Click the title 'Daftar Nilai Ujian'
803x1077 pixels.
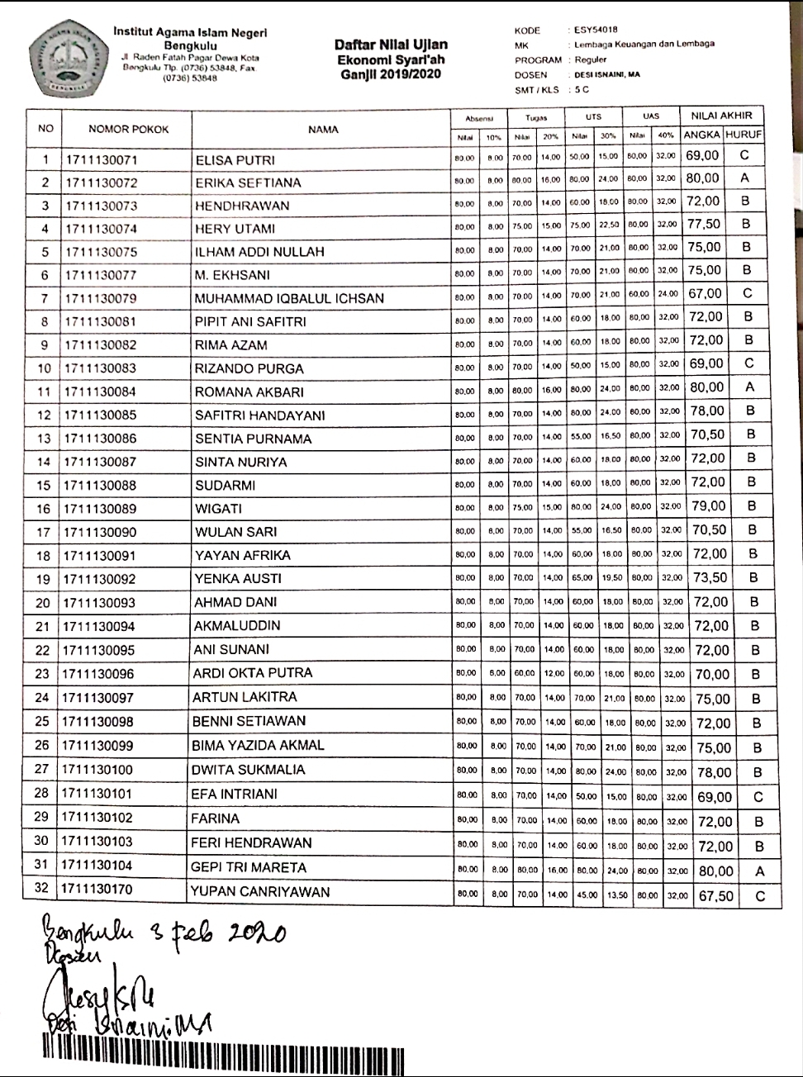tap(391, 45)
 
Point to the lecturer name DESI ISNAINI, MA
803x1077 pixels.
tap(607, 75)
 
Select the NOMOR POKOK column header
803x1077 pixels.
tap(128, 130)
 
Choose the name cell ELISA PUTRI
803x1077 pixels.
tap(235, 160)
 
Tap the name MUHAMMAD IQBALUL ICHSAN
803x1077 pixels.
tap(289, 299)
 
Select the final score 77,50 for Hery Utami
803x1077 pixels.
tap(703, 224)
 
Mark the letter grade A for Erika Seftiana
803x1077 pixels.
tap(745, 178)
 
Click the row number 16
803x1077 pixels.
tap(43, 509)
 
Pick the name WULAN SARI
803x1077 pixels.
tap(235, 532)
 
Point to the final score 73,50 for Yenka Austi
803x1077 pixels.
tap(708, 578)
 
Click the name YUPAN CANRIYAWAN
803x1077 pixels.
tap(260, 892)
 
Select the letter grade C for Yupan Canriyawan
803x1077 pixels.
tap(759, 896)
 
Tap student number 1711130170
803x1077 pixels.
tap(97, 890)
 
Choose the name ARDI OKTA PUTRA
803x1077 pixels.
tap(252, 673)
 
